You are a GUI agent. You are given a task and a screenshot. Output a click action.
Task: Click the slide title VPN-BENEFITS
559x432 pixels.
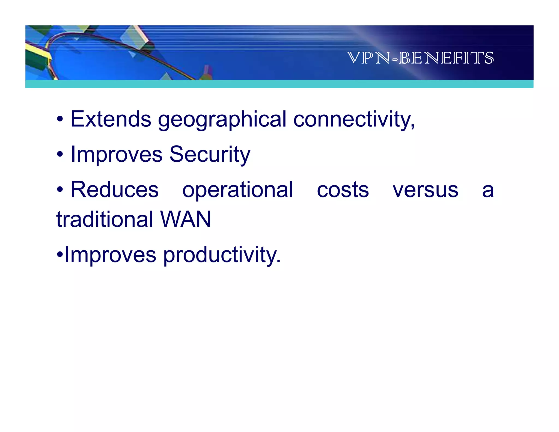tap(420, 58)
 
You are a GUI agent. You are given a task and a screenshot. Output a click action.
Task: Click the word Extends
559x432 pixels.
tap(111, 119)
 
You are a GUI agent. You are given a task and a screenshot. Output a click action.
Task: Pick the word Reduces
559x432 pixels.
tap(115, 190)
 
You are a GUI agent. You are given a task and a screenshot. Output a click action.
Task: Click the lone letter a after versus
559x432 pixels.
tap(488, 191)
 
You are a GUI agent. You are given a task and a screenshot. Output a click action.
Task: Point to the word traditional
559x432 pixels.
tap(105, 219)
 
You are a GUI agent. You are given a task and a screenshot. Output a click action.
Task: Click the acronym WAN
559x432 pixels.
tap(186, 219)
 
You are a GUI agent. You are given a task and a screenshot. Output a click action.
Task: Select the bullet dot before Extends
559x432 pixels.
tap(60, 120)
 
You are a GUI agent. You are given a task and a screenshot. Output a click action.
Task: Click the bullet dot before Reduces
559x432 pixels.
tap(60, 190)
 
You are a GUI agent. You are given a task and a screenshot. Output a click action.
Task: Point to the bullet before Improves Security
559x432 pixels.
tap(60, 155)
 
